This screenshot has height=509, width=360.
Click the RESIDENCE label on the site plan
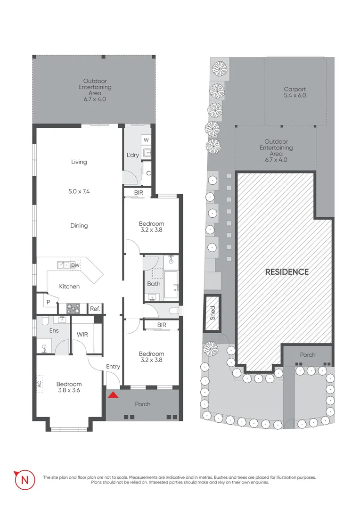[x=286, y=272]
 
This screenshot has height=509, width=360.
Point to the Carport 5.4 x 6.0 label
[x=295, y=92]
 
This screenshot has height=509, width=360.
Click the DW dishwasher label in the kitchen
[x=75, y=265]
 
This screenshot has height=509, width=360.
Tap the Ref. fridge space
[x=95, y=309]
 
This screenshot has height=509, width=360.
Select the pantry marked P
[x=48, y=302]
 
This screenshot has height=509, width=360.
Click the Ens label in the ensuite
[x=54, y=331]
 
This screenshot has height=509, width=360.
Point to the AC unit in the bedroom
[x=40, y=382]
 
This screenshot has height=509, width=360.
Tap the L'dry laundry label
[x=133, y=155]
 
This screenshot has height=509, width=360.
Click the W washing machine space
[x=146, y=140]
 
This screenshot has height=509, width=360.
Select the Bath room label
[x=154, y=284]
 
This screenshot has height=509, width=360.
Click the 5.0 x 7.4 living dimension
[x=79, y=192]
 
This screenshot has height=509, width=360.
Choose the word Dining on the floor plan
[x=79, y=226]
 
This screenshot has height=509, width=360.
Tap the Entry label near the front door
[x=113, y=367]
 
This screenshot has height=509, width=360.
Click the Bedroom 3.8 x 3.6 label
[x=69, y=387]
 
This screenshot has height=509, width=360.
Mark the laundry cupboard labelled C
[x=147, y=173]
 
